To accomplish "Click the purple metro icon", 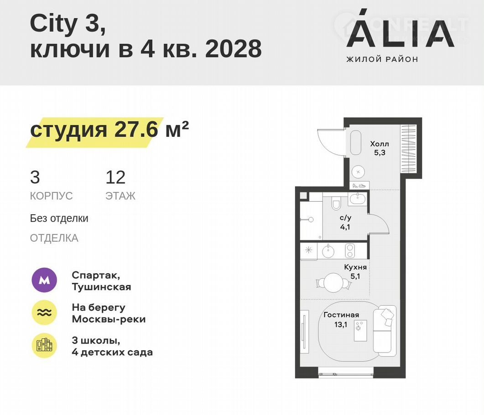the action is pos(44,280).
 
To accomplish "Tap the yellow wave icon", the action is pos(44,312).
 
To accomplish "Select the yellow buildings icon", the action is pos(44,346).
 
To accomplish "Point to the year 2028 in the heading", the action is pos(234,49).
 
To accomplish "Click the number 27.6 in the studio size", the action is pos(136,129).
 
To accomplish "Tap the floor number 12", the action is pos(115,177).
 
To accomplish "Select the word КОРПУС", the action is pos(51,196).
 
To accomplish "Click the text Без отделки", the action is pos(59,218).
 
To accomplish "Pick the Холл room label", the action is pos(380,144).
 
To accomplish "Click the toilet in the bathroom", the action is pos(336,203).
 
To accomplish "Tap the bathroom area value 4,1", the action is pos(345,227).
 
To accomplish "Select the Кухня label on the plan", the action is pos(355,267).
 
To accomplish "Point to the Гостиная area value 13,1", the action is pos(341,325).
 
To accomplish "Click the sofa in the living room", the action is pos(385,329).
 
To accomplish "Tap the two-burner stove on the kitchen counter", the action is pos(350,250).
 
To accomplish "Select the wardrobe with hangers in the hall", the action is pos(408,149).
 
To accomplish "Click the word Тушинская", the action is pos(102,287).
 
